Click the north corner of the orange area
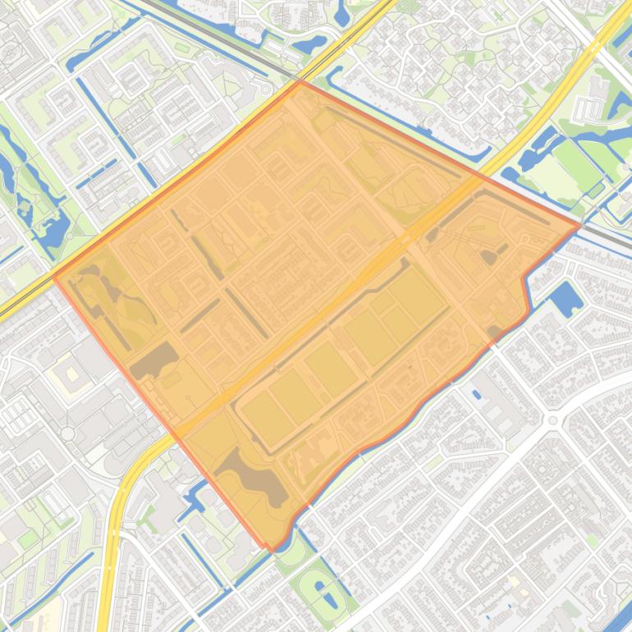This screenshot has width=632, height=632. (300, 80)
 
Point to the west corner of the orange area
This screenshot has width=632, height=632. (54, 276)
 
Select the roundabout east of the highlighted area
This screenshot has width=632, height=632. (552, 420)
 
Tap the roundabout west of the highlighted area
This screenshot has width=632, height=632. (67, 433)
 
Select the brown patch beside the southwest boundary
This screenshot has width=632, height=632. (154, 359)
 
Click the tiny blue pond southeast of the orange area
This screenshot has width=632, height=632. (477, 394)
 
